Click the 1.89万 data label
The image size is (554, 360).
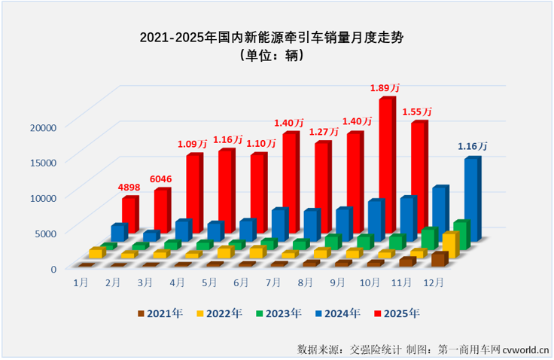(x=383, y=88)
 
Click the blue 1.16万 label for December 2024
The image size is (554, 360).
(x=473, y=145)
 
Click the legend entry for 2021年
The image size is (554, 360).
(x=160, y=313)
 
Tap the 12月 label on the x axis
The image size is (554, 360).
(x=434, y=282)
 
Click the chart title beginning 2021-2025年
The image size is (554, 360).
(x=276, y=37)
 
